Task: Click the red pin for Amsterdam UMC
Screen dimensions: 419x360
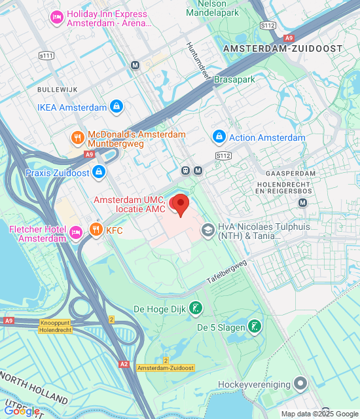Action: click(x=179, y=204)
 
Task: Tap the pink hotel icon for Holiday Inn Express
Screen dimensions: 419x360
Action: click(x=56, y=16)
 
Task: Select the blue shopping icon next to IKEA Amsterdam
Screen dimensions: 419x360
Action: click(x=117, y=107)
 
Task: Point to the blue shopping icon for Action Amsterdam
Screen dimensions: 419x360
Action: click(x=219, y=137)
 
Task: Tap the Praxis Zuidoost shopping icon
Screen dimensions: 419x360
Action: click(x=98, y=172)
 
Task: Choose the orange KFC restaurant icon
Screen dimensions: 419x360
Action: click(x=96, y=230)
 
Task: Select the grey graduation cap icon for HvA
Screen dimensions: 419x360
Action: click(x=207, y=230)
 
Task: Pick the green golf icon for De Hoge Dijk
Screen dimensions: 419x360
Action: click(x=194, y=308)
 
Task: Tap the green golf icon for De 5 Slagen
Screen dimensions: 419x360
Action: click(x=253, y=326)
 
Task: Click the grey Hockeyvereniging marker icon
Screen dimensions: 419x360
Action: click(x=300, y=382)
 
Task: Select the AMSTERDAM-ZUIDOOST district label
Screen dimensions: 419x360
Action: click(x=282, y=49)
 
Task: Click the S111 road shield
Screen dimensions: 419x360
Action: click(x=46, y=56)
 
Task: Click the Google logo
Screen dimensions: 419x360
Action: click(x=21, y=410)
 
